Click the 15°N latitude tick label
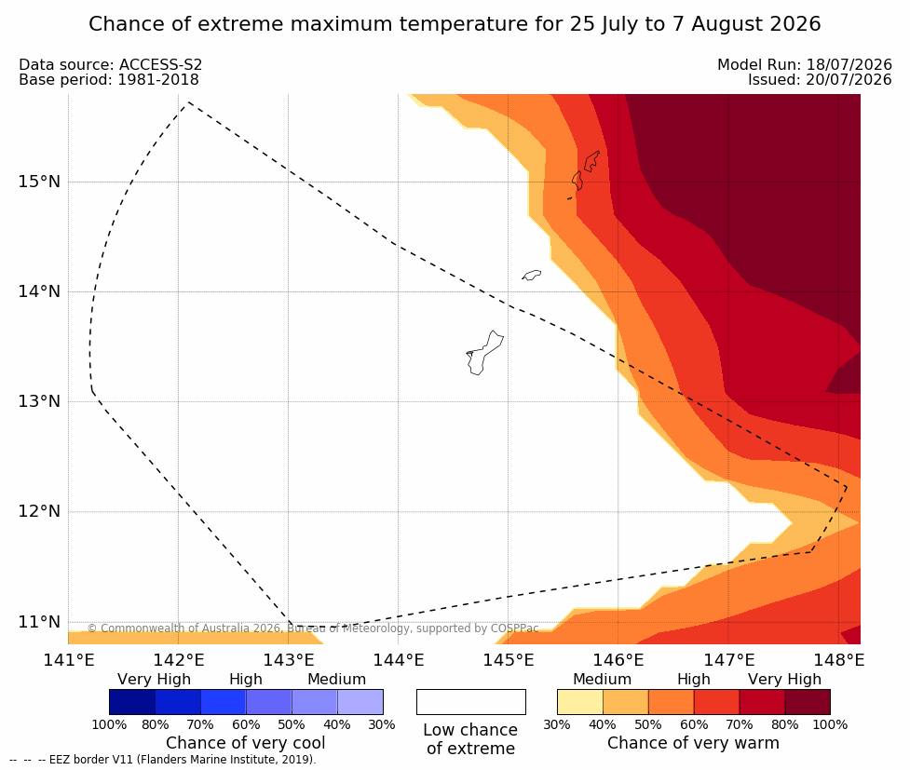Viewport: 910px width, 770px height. [39, 182]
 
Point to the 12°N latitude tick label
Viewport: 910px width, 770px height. [39, 511]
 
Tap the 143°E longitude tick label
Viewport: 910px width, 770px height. [289, 660]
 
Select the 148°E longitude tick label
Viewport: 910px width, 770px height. [838, 660]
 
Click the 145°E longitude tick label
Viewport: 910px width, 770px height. [509, 660]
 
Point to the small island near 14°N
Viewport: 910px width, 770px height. [531, 275]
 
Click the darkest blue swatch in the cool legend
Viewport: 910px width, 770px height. [132, 702]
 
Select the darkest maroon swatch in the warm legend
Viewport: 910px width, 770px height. [808, 702]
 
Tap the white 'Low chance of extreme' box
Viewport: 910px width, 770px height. [470, 702]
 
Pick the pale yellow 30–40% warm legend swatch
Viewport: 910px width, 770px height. [579, 702]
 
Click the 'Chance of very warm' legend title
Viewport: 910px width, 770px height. [693, 743]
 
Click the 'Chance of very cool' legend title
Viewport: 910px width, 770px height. [246, 743]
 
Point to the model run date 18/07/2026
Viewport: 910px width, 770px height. [849, 65]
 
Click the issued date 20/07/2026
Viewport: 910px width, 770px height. [849, 79]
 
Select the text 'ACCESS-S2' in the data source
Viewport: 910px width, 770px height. [161, 65]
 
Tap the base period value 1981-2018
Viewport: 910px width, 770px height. [158, 79]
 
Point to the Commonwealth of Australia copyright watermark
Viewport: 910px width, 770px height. [313, 628]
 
